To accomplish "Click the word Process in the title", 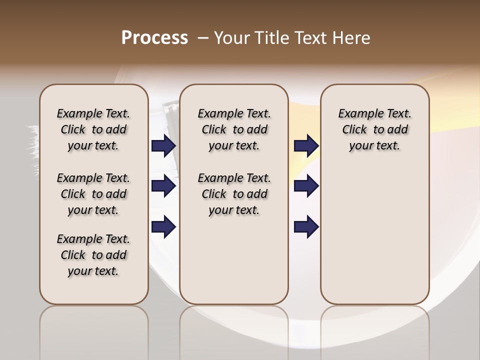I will [x=154, y=38].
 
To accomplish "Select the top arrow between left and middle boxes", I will [x=163, y=146].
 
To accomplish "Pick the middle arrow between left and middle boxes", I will [x=163, y=186].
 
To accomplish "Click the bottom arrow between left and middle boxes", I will [x=163, y=227].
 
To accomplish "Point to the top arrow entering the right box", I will [x=306, y=146].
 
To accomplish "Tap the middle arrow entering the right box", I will [x=306, y=186].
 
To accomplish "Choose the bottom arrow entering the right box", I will [x=306, y=227].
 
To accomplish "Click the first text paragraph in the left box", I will [x=93, y=129].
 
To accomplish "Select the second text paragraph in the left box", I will [x=93, y=194].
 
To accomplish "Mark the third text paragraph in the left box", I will [x=93, y=255].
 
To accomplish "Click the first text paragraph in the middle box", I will [x=234, y=129].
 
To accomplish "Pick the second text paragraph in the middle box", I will [x=234, y=194].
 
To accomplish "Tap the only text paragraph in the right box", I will [x=374, y=129].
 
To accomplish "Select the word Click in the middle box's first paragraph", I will [x=214, y=130].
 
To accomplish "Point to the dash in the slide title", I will [x=203, y=38].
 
